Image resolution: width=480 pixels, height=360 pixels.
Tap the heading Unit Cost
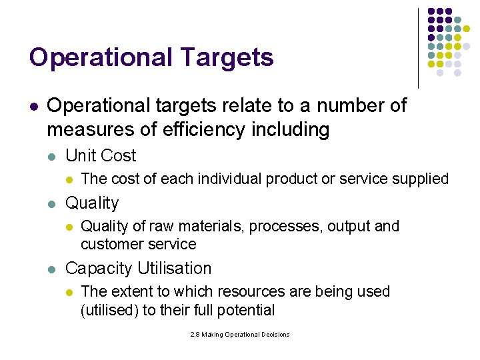(x=101, y=156)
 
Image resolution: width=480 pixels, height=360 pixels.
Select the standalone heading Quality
(x=92, y=203)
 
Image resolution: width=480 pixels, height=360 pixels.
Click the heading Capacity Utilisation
(x=139, y=269)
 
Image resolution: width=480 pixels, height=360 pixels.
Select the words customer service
(x=139, y=244)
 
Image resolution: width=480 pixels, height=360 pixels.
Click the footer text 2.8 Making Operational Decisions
(x=239, y=334)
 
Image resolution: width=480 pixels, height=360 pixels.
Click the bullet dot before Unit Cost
(x=53, y=157)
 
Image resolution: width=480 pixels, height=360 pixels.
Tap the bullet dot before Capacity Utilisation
(x=53, y=269)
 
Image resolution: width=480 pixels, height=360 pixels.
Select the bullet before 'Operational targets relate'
(x=34, y=106)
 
